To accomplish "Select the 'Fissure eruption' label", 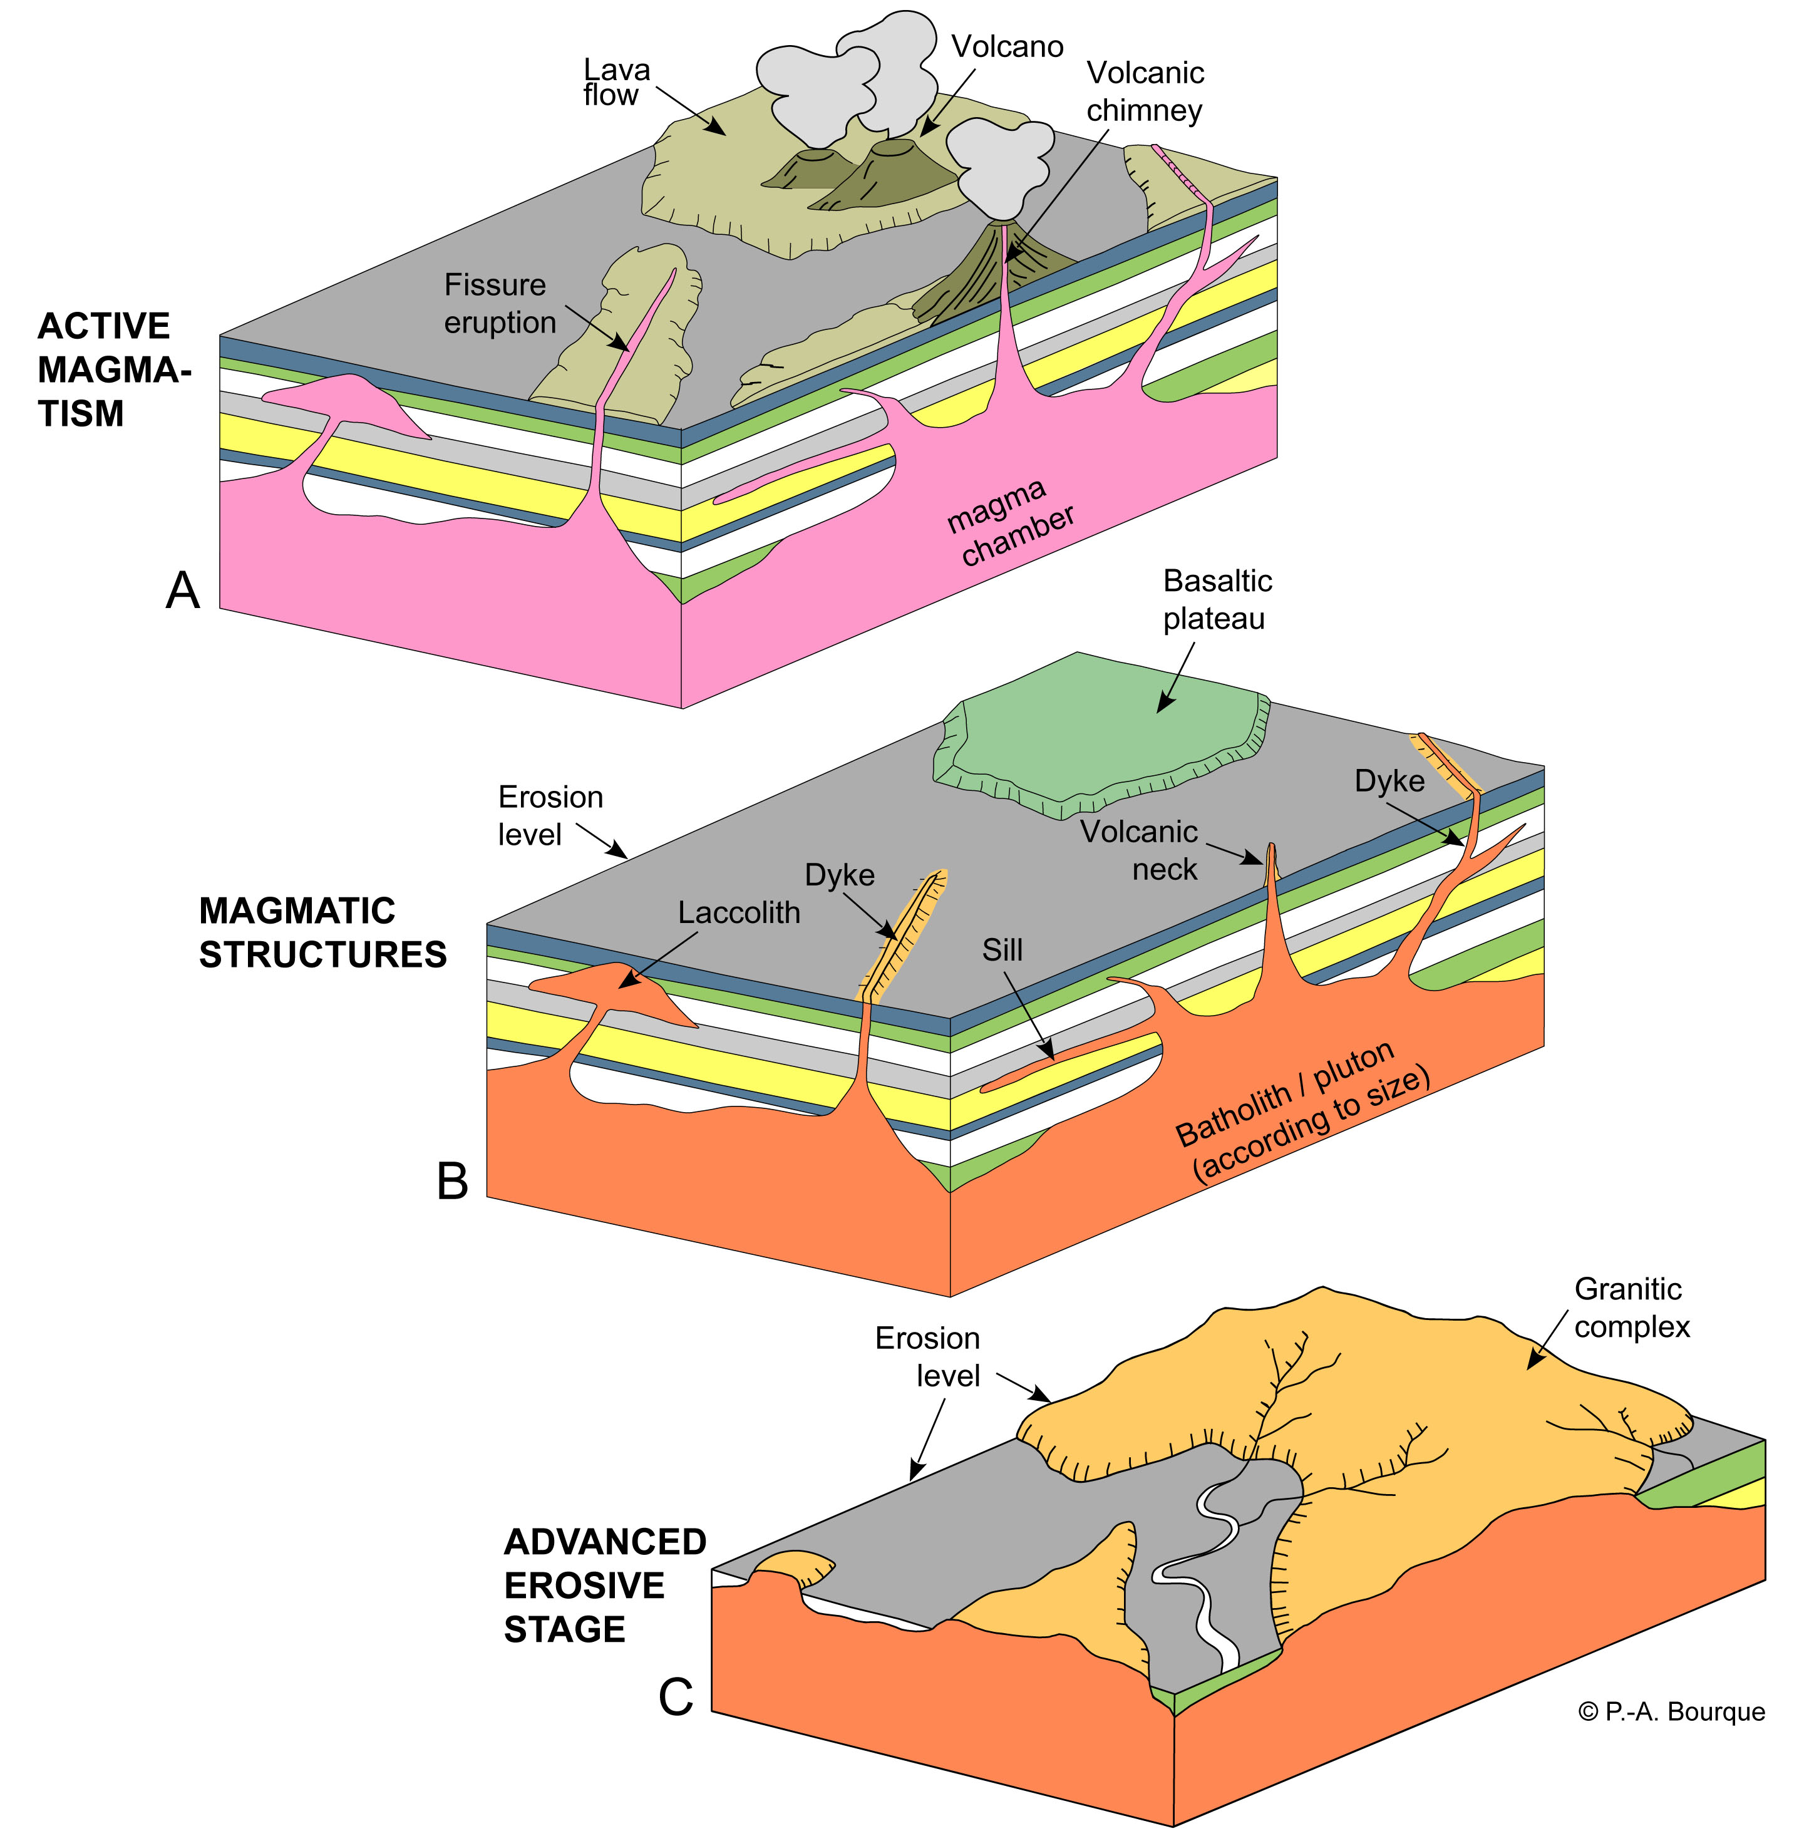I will (x=500, y=303).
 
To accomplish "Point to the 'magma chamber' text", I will (x=1009, y=522).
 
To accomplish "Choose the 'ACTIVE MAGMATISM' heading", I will (x=113, y=369).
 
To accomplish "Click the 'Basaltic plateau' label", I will (x=1216, y=599).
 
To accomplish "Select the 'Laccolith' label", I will (x=738, y=912).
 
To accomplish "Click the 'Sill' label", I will (x=1002, y=949).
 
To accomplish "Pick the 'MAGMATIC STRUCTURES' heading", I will (x=322, y=932).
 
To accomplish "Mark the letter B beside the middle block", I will (x=452, y=1182).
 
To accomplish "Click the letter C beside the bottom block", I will (x=676, y=1696).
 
